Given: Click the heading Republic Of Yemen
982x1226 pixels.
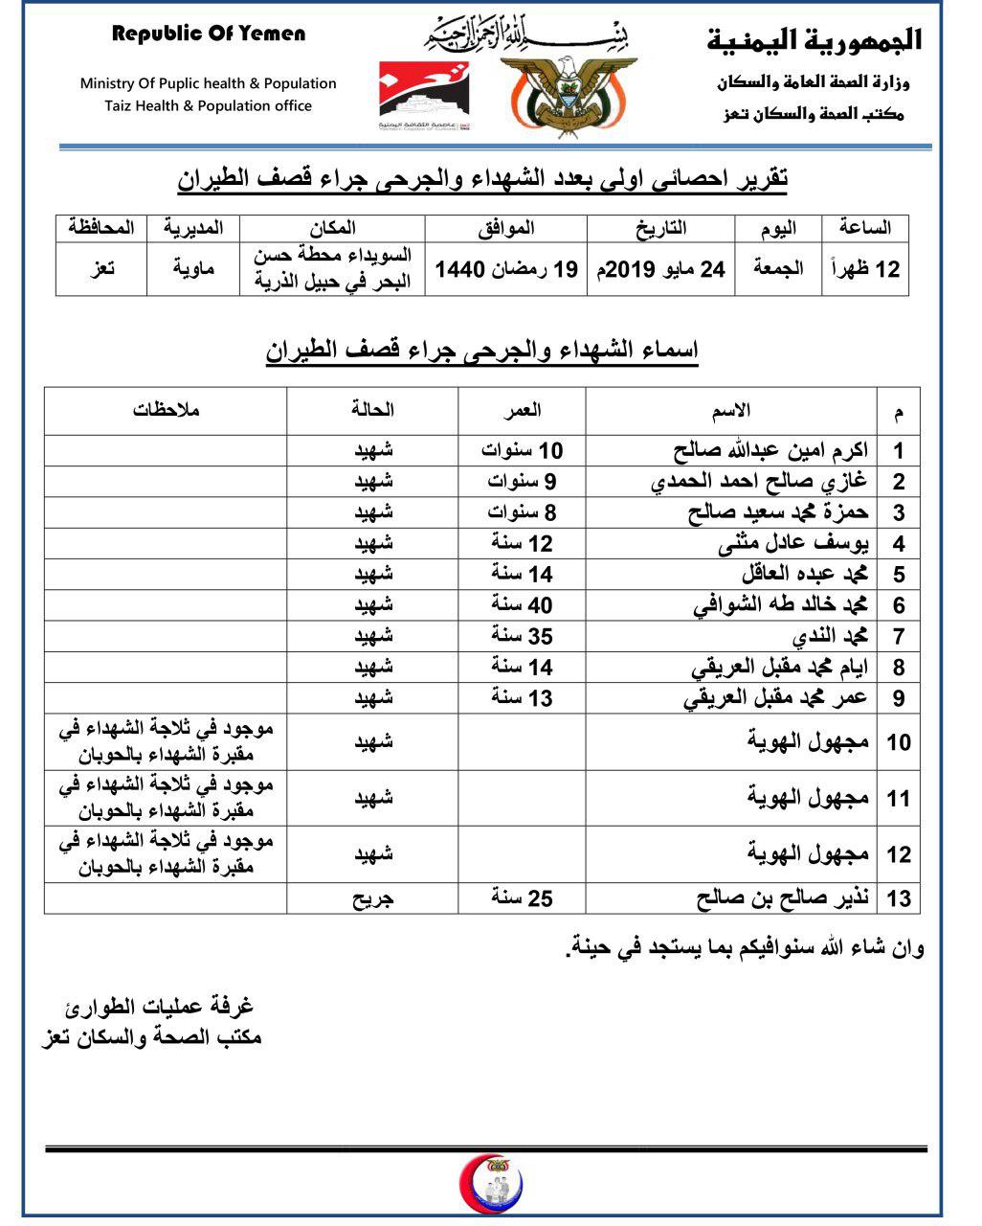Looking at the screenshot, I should [209, 34].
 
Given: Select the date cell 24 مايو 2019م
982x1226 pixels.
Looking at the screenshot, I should [659, 270].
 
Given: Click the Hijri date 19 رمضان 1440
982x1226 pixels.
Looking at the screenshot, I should [506, 270].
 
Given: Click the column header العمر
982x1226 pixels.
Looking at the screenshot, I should [522, 411].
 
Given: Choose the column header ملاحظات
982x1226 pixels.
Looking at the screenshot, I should [166, 411].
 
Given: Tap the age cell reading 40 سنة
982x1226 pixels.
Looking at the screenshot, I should [522, 605].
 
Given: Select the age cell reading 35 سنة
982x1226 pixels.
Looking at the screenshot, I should [522, 636].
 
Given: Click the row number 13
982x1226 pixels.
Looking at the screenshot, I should [899, 898].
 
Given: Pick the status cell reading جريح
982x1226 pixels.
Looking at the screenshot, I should [373, 898].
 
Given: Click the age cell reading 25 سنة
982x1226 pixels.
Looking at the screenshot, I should [522, 898].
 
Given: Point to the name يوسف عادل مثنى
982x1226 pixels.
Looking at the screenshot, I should [793, 544].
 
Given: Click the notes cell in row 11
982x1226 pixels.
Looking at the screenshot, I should [166, 798].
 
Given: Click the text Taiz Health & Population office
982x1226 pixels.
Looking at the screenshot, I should [209, 106].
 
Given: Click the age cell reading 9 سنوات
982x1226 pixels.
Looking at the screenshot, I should [522, 482].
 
